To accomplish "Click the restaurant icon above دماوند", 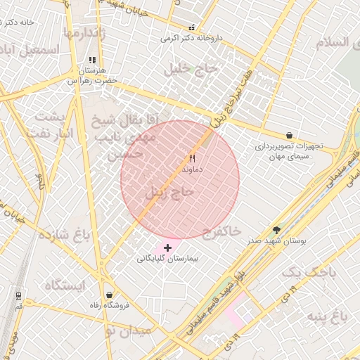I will (192, 159).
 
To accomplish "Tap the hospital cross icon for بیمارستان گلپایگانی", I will (167, 247).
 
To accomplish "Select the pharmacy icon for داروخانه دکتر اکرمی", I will (191, 28).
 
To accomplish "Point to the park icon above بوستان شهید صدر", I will (276, 229).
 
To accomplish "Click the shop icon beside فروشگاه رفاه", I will (108, 295).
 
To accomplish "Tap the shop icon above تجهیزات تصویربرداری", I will (289, 135).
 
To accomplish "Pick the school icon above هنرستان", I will (91, 60).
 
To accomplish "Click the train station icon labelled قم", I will (18, 296).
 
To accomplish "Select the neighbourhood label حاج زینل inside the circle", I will (169, 191).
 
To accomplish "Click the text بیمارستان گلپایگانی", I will (167, 259).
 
